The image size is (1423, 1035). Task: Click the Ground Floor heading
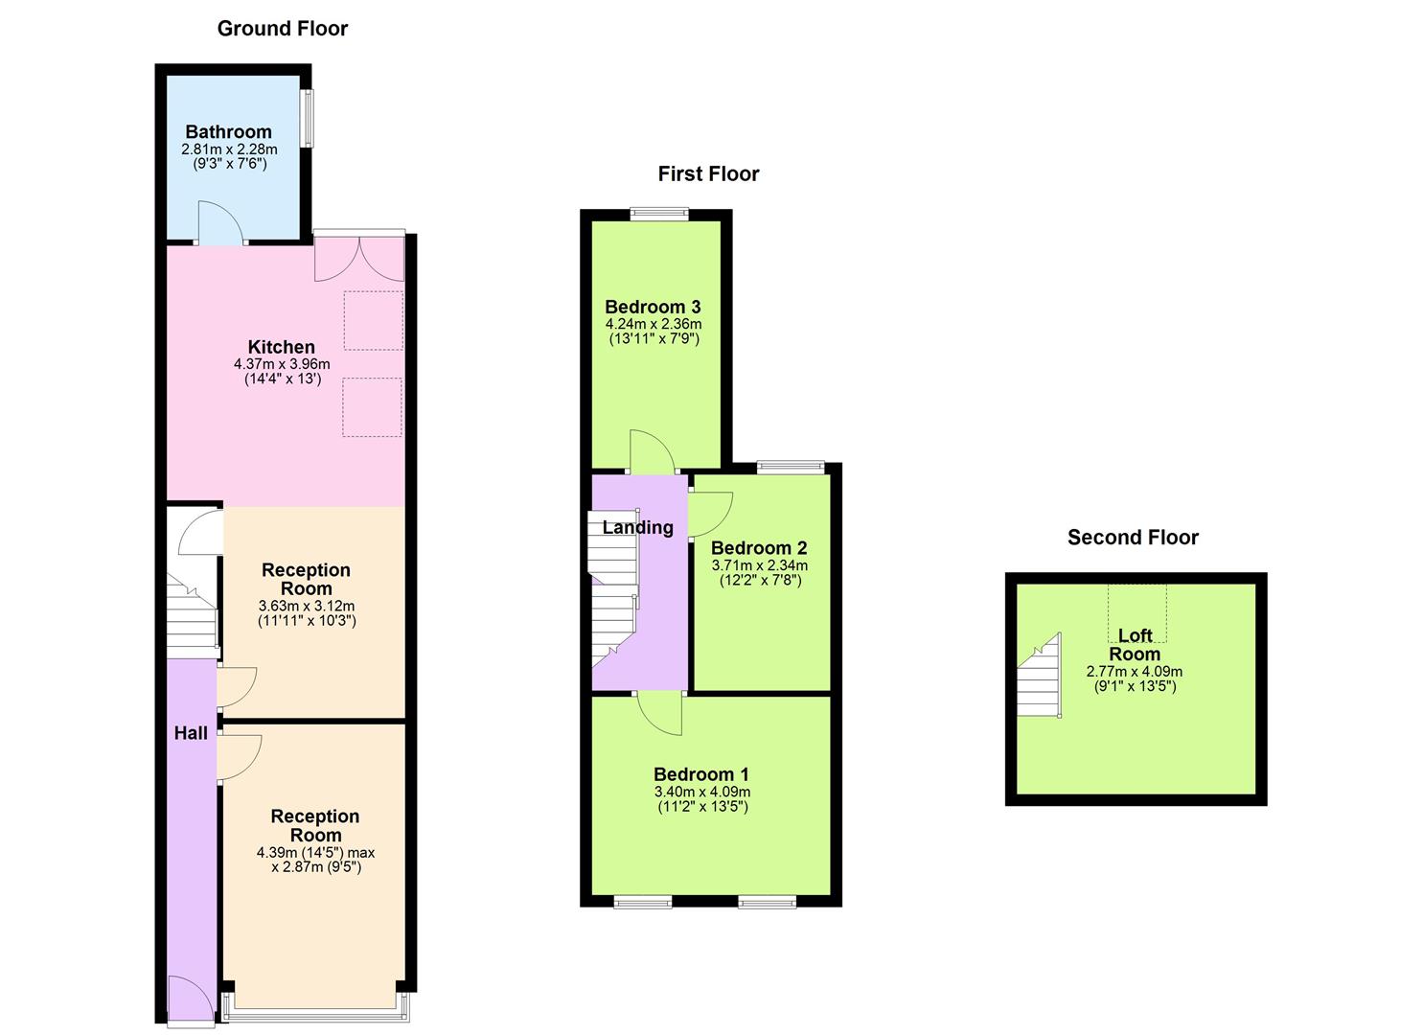(283, 29)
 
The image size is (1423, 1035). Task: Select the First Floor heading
(708, 173)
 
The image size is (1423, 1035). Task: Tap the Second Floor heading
(1133, 538)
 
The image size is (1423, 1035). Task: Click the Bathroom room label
(228, 132)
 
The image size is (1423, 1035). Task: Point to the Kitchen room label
(281, 347)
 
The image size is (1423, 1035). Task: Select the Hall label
(191, 733)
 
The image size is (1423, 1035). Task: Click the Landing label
(637, 527)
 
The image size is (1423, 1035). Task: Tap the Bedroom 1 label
(701, 774)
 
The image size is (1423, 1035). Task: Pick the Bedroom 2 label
(759, 548)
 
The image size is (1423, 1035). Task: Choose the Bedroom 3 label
(653, 308)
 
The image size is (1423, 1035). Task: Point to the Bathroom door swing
(219, 222)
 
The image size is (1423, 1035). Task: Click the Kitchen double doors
(358, 259)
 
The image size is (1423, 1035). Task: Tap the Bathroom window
(307, 119)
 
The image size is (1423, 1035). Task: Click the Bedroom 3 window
(659, 215)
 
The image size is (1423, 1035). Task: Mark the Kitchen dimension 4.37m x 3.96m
(282, 365)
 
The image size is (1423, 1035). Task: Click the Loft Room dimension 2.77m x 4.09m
(1134, 672)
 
